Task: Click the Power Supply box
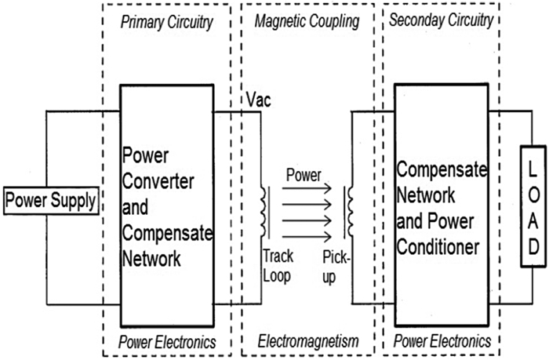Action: [52, 200]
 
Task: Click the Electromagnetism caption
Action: [308, 341]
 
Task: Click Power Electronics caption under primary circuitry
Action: [166, 341]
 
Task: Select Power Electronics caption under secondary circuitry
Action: [442, 341]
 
